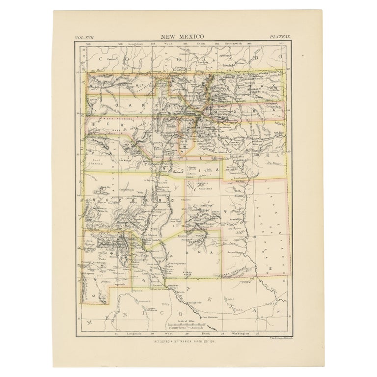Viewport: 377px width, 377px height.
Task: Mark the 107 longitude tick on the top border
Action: tap(153, 43)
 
